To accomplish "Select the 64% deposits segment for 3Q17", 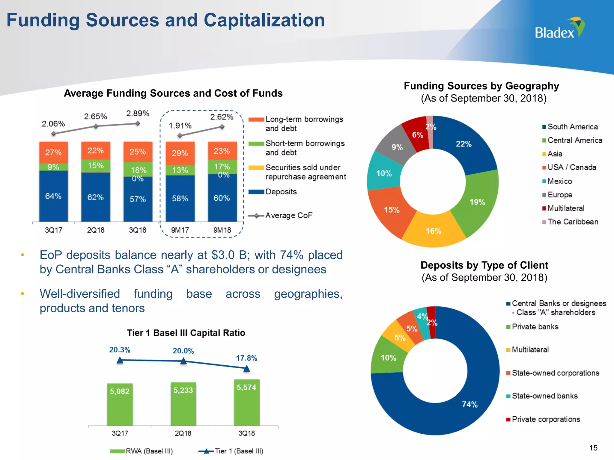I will click(53, 196).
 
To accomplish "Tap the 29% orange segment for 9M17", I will click(180, 153).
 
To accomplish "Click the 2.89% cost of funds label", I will click(138, 114).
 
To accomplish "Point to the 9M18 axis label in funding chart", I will click(222, 230).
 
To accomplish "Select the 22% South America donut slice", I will click(463, 144).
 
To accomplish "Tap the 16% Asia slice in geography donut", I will click(433, 231).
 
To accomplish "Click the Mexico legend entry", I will click(559, 181).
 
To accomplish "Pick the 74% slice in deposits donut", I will click(469, 404).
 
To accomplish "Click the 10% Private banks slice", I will click(388, 358).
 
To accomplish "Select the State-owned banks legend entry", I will click(544, 396).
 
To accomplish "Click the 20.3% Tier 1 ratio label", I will click(120, 350).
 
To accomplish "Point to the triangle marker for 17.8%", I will click(246, 369).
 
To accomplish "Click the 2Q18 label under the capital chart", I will click(183, 433).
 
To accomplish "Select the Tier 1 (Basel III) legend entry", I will click(239, 451).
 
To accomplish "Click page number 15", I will click(593, 448).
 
